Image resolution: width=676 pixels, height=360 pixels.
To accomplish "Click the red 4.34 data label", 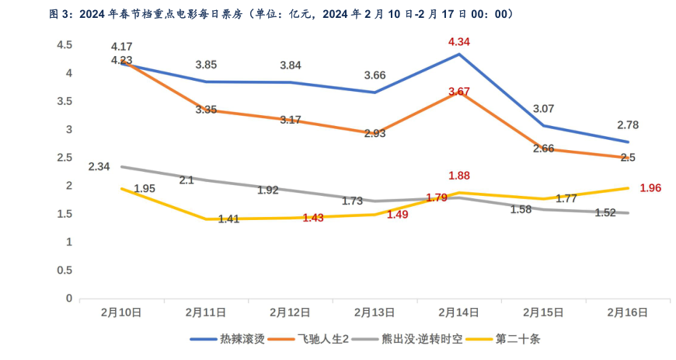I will click(x=459, y=40).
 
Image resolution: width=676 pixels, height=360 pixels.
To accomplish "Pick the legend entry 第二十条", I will click(x=517, y=340).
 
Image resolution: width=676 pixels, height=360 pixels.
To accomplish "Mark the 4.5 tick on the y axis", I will click(x=64, y=46).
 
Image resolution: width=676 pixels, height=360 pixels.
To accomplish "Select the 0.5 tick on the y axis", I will click(x=64, y=271).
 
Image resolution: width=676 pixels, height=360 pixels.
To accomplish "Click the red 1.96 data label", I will click(x=650, y=187).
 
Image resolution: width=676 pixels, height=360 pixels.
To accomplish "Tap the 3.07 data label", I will click(x=544, y=108).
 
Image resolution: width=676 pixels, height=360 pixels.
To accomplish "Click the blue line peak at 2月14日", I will click(x=459, y=54).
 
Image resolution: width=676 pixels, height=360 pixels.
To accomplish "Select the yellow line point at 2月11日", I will click(x=206, y=219).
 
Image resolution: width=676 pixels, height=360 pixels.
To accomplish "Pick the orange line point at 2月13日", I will click(x=375, y=133).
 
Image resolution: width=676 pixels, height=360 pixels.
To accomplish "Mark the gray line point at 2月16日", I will click(x=628, y=213).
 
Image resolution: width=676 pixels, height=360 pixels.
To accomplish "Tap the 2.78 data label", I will click(x=628, y=124).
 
